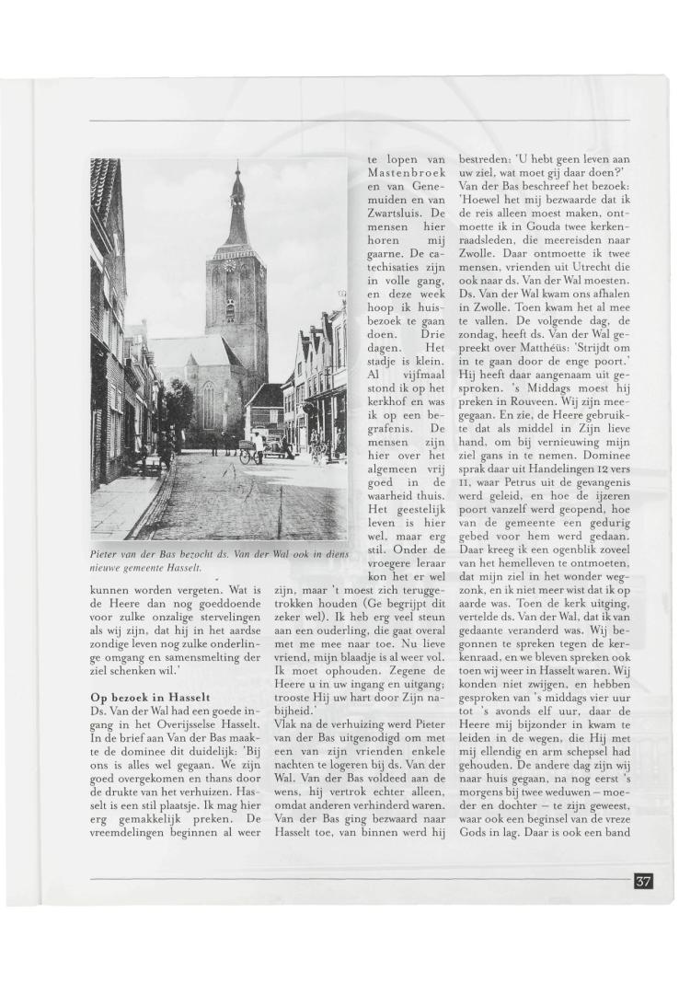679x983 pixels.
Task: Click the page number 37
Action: [x=643, y=881]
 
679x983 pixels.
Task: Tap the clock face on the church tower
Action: [x=230, y=265]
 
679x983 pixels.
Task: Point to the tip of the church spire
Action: [x=237, y=166]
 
